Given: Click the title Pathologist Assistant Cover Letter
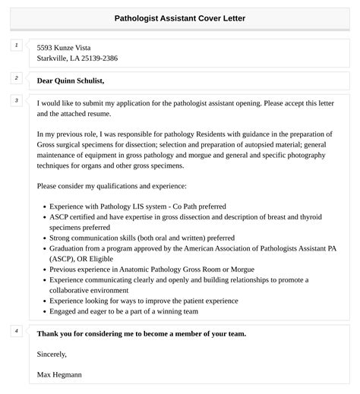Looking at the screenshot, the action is [179, 17].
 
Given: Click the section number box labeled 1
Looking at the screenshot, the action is [15, 46].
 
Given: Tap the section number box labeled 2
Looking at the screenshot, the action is [15, 78].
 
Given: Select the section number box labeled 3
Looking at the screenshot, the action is [15, 100].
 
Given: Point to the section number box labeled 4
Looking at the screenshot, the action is [15, 331].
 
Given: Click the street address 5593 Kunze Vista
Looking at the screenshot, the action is [68, 47].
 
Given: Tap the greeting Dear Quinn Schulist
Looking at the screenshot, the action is [71, 80].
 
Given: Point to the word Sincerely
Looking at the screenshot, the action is [52, 354].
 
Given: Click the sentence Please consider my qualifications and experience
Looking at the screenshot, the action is [111, 185].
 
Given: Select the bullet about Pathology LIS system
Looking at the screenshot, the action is [137, 206].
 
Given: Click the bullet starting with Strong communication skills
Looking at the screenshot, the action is [142, 238].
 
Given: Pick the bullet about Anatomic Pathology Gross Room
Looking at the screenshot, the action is [151, 269].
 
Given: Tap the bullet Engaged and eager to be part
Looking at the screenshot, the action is [123, 311].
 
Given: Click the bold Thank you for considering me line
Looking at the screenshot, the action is [141, 333].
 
